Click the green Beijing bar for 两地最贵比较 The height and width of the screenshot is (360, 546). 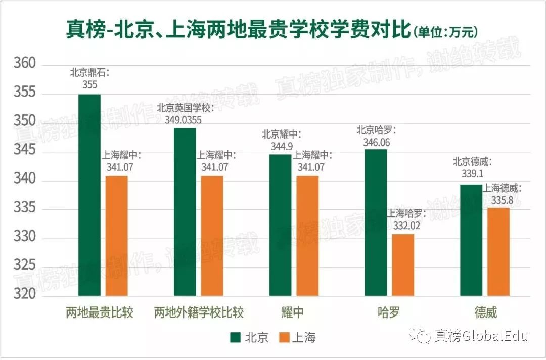pos(89,195)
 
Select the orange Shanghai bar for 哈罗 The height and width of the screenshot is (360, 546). pos(403,264)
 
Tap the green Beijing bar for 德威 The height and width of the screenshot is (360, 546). pos(471,240)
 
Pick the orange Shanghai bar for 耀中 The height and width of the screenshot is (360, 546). pos(307,236)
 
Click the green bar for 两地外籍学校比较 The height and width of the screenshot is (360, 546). pos(185,212)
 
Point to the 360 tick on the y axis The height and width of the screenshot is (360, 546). pos(25,64)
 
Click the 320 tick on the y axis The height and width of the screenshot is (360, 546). pos(25,294)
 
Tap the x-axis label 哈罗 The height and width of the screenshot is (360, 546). pos(388,312)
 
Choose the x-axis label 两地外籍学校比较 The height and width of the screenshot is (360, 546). pos(199,312)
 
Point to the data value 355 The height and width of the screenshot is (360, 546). pos(89,84)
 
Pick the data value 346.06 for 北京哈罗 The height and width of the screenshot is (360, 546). pos(377,142)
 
